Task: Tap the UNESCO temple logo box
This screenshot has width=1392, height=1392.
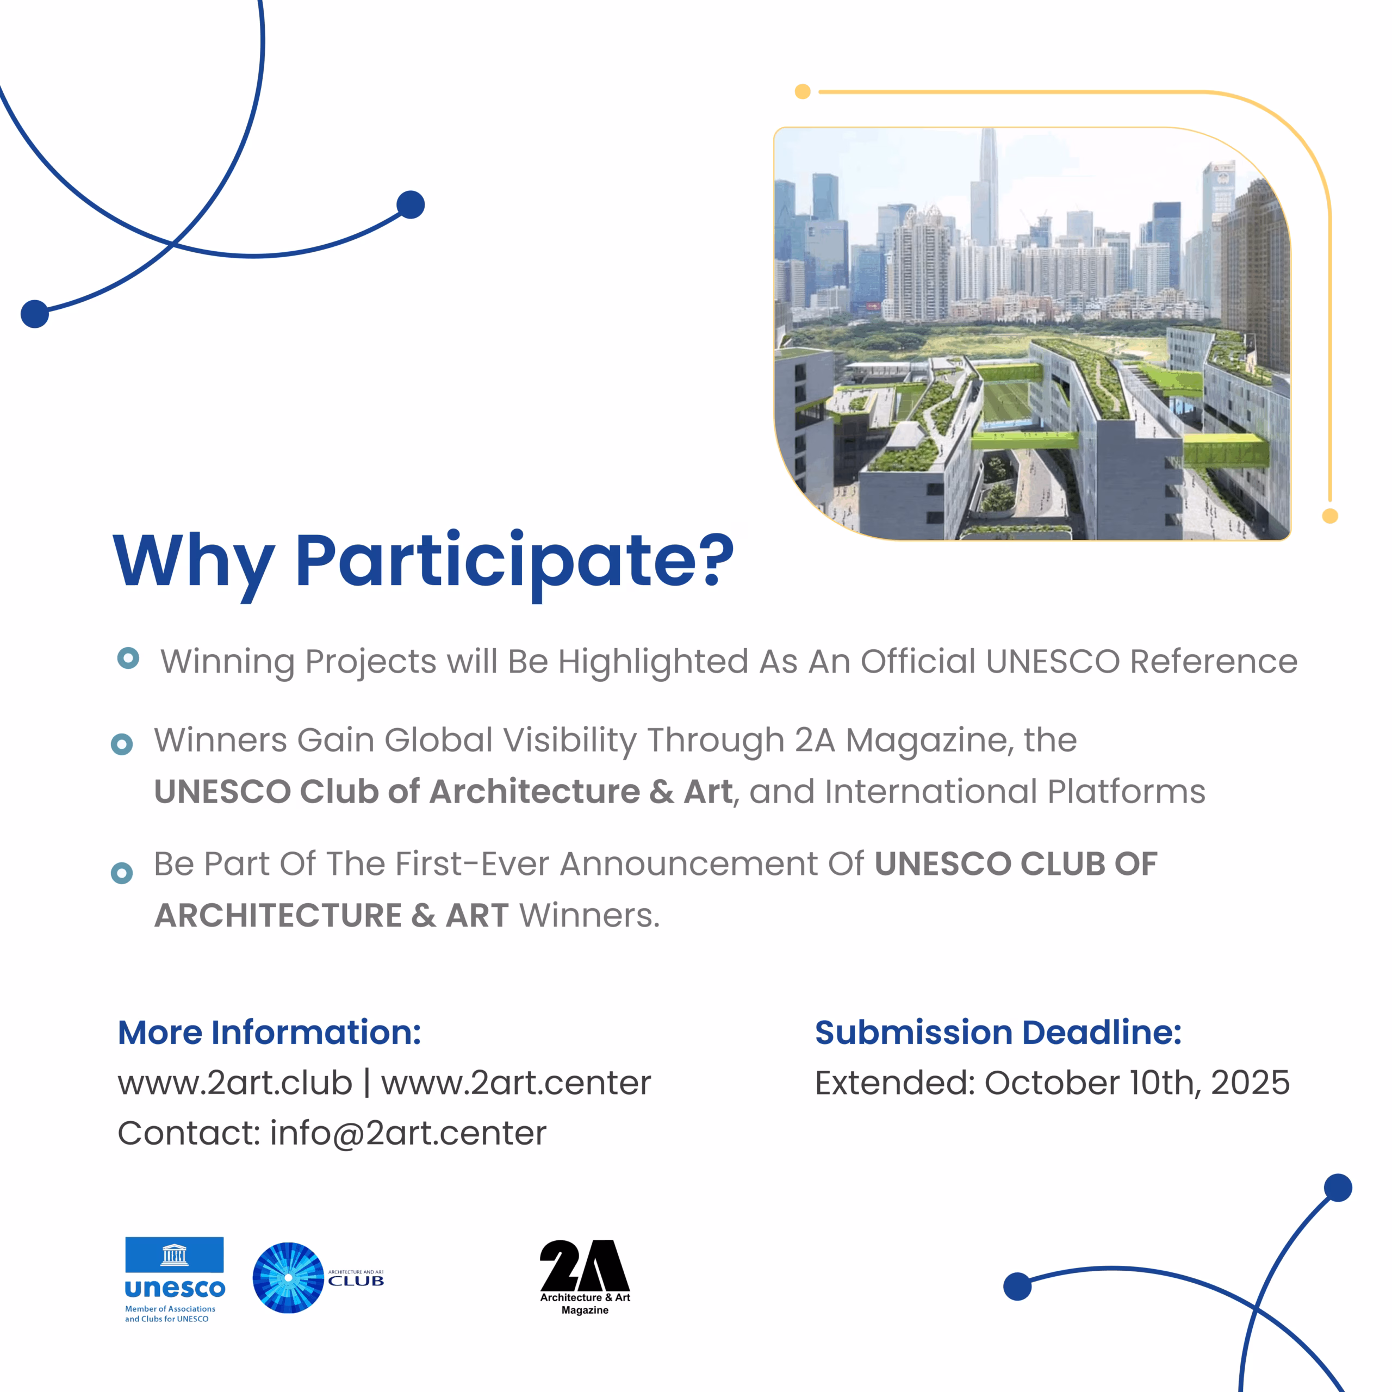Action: click(x=175, y=1254)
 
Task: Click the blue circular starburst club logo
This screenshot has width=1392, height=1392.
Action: click(x=288, y=1277)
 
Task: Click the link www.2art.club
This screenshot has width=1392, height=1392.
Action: click(x=235, y=1083)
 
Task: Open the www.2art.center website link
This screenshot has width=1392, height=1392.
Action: click(x=516, y=1083)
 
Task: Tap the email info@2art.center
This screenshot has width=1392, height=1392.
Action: click(x=408, y=1133)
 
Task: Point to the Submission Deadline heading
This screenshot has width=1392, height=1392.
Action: click(x=998, y=1033)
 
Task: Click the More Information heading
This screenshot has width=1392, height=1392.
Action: click(x=270, y=1033)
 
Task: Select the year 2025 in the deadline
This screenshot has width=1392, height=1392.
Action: click(x=1250, y=1083)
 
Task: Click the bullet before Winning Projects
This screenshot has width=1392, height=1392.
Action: click(x=128, y=658)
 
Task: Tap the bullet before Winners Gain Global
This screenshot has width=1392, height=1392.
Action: click(x=122, y=744)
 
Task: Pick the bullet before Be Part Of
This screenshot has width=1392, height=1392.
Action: click(x=122, y=873)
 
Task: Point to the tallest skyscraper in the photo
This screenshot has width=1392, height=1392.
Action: click(x=988, y=188)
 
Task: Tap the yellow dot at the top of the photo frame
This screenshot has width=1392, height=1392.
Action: click(x=803, y=91)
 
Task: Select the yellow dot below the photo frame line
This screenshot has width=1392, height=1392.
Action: click(x=1330, y=516)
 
